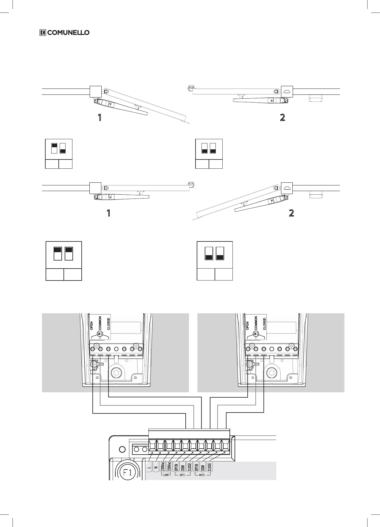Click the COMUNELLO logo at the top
(x=64, y=32)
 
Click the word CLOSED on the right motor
(x=264, y=324)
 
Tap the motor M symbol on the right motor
(x=255, y=334)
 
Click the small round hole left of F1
(x=122, y=449)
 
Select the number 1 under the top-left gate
(x=100, y=118)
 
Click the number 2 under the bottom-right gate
(x=291, y=213)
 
